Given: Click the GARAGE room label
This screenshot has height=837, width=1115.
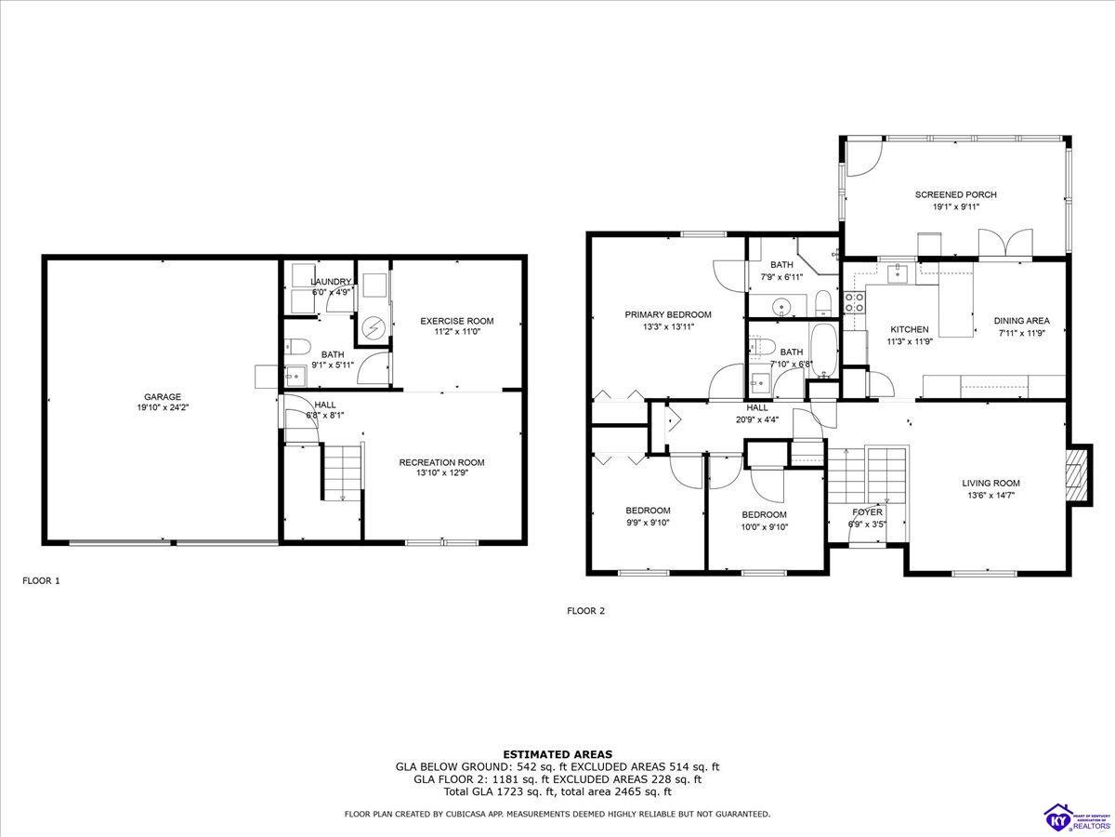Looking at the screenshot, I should pyautogui.click(x=162, y=396).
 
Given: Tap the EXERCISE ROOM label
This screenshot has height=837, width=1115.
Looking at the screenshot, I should pyautogui.click(x=456, y=321).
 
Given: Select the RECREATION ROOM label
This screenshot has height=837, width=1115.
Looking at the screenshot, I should pyautogui.click(x=441, y=462).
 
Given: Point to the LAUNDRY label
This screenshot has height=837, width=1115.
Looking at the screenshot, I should pyautogui.click(x=332, y=282).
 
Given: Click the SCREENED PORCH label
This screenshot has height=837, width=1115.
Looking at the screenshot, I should pyautogui.click(x=955, y=194).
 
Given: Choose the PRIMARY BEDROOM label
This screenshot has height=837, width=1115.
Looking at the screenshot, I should pyautogui.click(x=667, y=314).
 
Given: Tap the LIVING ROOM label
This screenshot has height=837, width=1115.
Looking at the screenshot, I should pyautogui.click(x=990, y=483).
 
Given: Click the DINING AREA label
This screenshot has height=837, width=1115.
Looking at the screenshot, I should pyautogui.click(x=1021, y=321).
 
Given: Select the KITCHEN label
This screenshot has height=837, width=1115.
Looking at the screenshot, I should pyautogui.click(x=909, y=329).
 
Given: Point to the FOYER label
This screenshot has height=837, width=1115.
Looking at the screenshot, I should pyautogui.click(x=867, y=512).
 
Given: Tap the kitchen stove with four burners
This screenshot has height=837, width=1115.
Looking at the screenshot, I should pyautogui.click(x=853, y=302).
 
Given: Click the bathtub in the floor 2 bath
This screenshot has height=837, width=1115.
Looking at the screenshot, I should pyautogui.click(x=822, y=352).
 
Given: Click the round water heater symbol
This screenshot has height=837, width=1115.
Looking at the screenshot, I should pyautogui.click(x=373, y=327).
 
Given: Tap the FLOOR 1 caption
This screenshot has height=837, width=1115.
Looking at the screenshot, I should pyautogui.click(x=41, y=580).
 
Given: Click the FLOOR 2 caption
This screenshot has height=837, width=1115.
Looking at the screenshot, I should pyautogui.click(x=585, y=611).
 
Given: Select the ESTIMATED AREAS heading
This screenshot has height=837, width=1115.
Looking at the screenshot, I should pyautogui.click(x=557, y=754).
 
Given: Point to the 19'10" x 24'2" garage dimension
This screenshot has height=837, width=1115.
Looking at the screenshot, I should pyautogui.click(x=162, y=407).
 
